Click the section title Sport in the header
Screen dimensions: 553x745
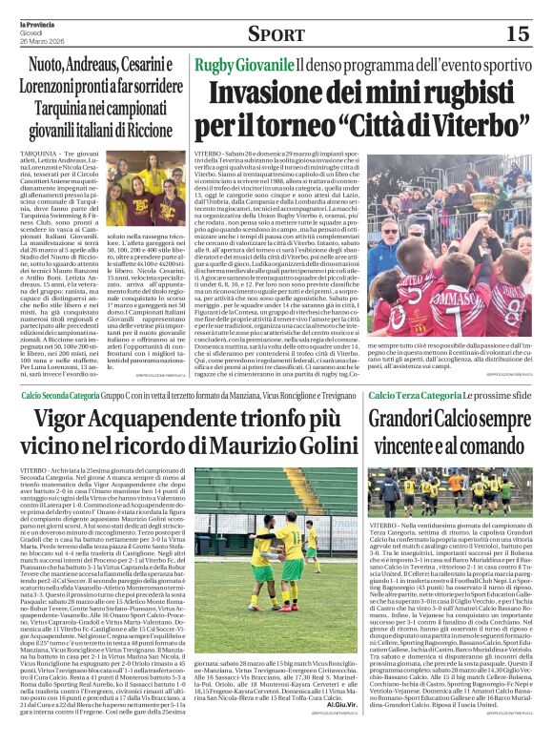(x=276, y=34)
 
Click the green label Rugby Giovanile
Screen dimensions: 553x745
(x=242, y=66)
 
